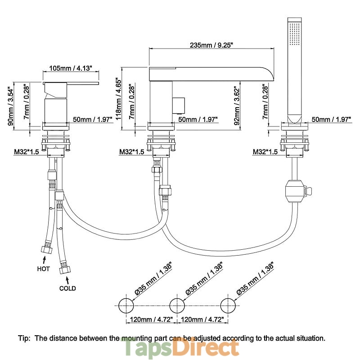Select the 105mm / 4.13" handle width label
pos(70,68)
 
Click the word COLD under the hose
pos(67,288)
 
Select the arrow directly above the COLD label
pos(63,279)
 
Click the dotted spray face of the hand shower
pos(295,33)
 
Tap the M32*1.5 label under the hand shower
pos(265,152)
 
